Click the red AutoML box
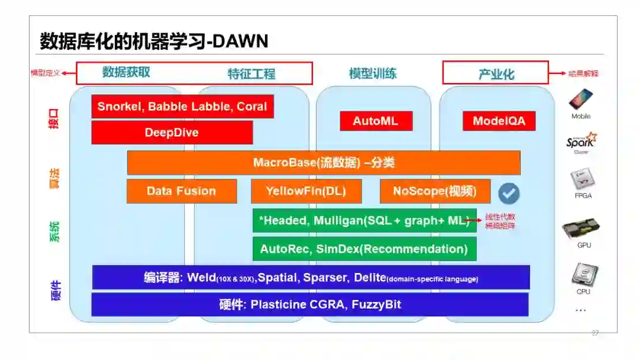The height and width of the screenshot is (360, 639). [x=376, y=121]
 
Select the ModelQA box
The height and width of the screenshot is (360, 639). [x=499, y=121]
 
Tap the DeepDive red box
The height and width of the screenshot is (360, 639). [x=172, y=133]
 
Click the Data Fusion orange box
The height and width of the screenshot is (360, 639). [x=182, y=191]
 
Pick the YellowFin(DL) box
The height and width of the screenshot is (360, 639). [x=306, y=191]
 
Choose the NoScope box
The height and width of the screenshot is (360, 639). [x=435, y=191]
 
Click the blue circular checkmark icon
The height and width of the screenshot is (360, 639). [x=508, y=192]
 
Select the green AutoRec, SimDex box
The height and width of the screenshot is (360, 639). [x=364, y=249]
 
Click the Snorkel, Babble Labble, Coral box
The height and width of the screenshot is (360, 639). [x=182, y=107]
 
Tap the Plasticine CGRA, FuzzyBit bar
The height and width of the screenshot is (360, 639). [x=309, y=305]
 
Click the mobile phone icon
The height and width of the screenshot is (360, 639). [x=580, y=99]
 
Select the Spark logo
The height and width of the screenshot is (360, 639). [x=581, y=141]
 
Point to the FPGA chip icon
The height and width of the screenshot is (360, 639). [x=582, y=180]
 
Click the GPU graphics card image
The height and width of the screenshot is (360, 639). [x=581, y=229]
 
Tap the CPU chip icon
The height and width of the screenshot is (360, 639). [x=583, y=275]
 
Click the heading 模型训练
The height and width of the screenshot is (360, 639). [x=373, y=73]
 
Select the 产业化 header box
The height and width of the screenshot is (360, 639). [x=496, y=73]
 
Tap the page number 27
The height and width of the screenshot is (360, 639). [x=595, y=333]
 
